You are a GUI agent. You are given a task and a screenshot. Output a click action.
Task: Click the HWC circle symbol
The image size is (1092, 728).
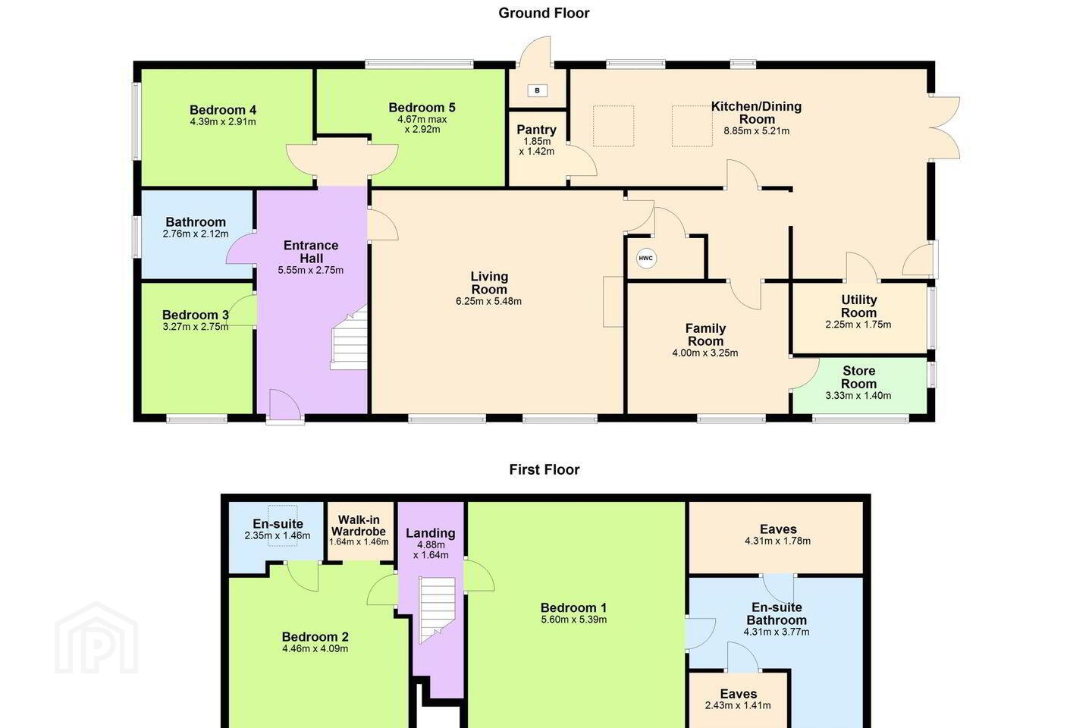(x=645, y=259)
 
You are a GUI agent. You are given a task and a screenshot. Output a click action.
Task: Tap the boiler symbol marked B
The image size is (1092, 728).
(x=537, y=90)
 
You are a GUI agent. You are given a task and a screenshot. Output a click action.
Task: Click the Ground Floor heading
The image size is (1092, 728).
(x=544, y=13)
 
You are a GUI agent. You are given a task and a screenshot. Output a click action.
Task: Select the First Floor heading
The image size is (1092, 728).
(x=544, y=469)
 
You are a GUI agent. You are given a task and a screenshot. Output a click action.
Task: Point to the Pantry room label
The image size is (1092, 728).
(x=536, y=130)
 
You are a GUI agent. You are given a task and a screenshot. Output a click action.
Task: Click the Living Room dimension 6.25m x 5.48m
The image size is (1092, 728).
(x=488, y=301)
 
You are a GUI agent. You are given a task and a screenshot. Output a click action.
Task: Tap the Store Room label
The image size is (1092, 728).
(x=858, y=378)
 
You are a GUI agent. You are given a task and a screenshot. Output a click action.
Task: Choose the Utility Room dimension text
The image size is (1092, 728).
(x=858, y=325)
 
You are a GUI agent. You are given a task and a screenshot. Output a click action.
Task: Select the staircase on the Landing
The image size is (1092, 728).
(x=438, y=610)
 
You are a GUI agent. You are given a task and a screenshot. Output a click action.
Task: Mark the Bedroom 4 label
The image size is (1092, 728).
(x=223, y=110)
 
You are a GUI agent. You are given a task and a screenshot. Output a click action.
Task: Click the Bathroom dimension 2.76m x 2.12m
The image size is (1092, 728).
(x=196, y=234)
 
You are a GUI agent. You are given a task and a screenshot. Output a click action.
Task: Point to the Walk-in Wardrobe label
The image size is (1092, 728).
(x=359, y=526)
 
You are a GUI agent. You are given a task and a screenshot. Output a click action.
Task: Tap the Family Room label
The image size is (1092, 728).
(x=705, y=335)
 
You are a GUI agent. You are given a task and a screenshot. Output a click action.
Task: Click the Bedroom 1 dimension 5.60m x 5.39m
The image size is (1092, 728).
(x=574, y=620)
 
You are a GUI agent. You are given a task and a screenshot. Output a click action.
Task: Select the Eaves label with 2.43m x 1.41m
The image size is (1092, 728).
(x=738, y=694)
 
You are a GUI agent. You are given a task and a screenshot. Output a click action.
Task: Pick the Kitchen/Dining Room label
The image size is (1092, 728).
(x=756, y=113)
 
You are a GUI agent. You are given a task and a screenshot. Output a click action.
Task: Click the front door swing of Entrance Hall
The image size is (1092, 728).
(x=284, y=404)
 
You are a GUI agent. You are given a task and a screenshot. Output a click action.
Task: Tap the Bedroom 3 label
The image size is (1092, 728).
(x=196, y=315)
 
